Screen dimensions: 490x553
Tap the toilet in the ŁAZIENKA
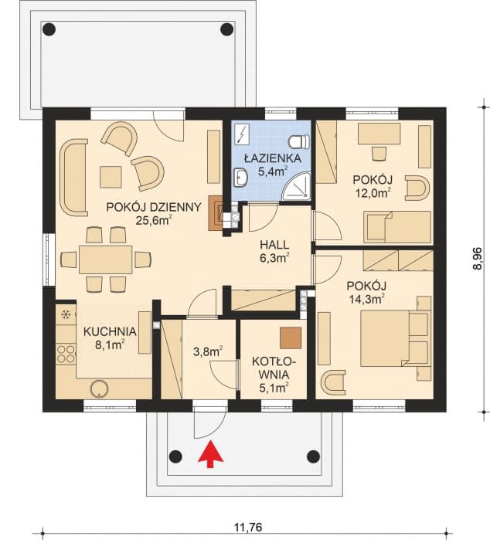click(x=299, y=142)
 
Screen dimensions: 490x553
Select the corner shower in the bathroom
click(x=298, y=187)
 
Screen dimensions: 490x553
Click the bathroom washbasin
click(x=241, y=178)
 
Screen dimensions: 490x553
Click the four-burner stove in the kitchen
click(x=66, y=354)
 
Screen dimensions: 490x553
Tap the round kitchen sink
click(x=99, y=388)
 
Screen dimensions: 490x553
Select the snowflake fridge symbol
click(x=66, y=314)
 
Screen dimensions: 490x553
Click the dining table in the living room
click(x=106, y=260)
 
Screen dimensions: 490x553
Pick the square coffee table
click(x=111, y=177)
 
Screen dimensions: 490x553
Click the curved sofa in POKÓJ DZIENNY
click(x=73, y=178)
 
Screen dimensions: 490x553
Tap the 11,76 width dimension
click(x=248, y=528)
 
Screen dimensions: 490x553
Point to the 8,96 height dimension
click(x=477, y=259)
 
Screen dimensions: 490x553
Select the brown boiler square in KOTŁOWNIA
click(x=291, y=338)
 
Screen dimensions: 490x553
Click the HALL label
click(x=274, y=244)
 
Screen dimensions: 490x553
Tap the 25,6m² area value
click(x=154, y=220)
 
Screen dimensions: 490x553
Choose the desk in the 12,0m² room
click(x=379, y=134)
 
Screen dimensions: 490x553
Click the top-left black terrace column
click(x=49, y=29)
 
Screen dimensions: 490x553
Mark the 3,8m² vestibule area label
click(x=208, y=351)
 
